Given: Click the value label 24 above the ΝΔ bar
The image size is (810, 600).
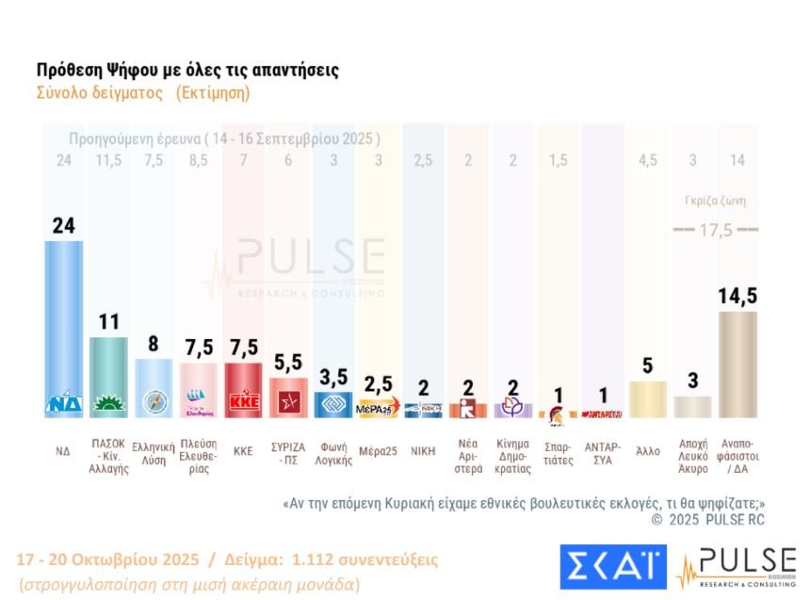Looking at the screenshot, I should tap(63, 226).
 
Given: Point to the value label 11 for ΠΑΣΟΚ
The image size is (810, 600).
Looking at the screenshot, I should tap(108, 322).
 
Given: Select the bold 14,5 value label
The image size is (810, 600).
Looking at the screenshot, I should tap(737, 297).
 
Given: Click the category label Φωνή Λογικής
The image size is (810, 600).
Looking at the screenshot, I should tap(333, 454).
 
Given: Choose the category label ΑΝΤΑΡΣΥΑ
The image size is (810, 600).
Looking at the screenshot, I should tap(604, 454).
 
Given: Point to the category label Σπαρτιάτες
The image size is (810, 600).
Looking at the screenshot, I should tap(559, 454).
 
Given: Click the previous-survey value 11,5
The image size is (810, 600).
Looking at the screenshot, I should tap(108, 160).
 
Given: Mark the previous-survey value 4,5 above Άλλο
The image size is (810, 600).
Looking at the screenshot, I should tap(648, 160).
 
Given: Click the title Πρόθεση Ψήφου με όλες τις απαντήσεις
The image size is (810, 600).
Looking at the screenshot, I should tap(187, 71).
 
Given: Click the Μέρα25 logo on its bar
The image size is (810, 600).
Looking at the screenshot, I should tap(379, 409).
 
